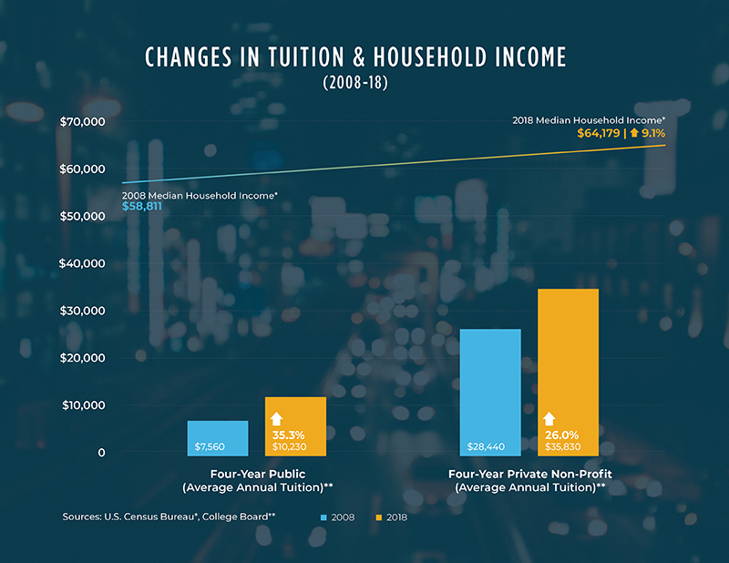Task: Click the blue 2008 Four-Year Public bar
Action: coord(218,437)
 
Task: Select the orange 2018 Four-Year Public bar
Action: coord(295,425)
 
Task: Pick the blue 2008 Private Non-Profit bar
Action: coord(490,392)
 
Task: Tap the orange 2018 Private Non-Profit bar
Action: coord(568,372)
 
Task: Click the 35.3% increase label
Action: coord(292,435)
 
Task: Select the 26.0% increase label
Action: coord(562,435)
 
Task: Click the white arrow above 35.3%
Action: coord(277,419)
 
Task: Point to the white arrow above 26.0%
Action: coord(549,419)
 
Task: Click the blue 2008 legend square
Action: coord(323,517)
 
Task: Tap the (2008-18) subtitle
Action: coord(355,83)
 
